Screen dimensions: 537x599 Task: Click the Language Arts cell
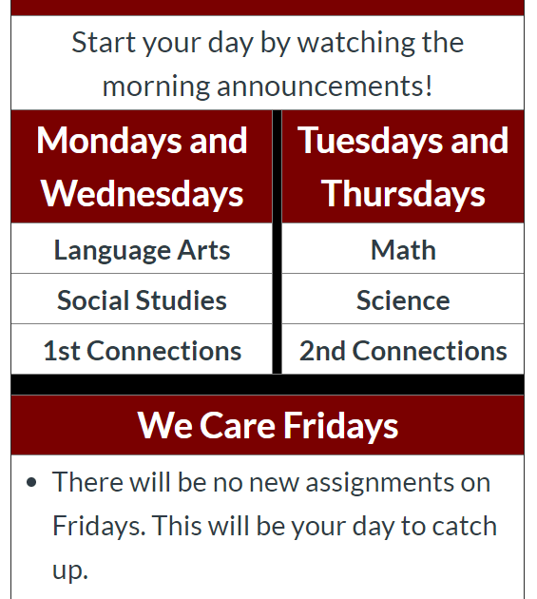[x=142, y=248]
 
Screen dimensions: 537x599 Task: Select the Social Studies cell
[x=142, y=299]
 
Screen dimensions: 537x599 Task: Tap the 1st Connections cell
[x=142, y=349]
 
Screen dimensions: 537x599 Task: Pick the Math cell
[x=403, y=248]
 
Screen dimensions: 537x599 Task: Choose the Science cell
[x=403, y=299]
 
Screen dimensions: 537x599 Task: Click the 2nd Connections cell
[x=403, y=349]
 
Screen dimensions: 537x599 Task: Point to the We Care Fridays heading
[x=268, y=425]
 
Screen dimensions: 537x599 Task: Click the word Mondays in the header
[x=108, y=142]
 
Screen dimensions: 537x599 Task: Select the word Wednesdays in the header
[x=142, y=194]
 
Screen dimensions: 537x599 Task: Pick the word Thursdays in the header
[x=403, y=194]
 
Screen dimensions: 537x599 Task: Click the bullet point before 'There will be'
[x=31, y=482]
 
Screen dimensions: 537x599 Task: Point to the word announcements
[x=325, y=87]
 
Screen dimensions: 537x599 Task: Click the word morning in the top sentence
[x=156, y=87]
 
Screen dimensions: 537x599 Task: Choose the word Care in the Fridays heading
[x=238, y=425]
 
